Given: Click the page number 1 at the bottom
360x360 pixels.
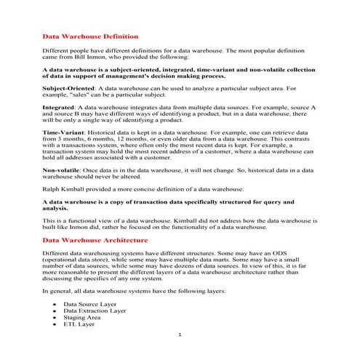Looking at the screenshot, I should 180,335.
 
